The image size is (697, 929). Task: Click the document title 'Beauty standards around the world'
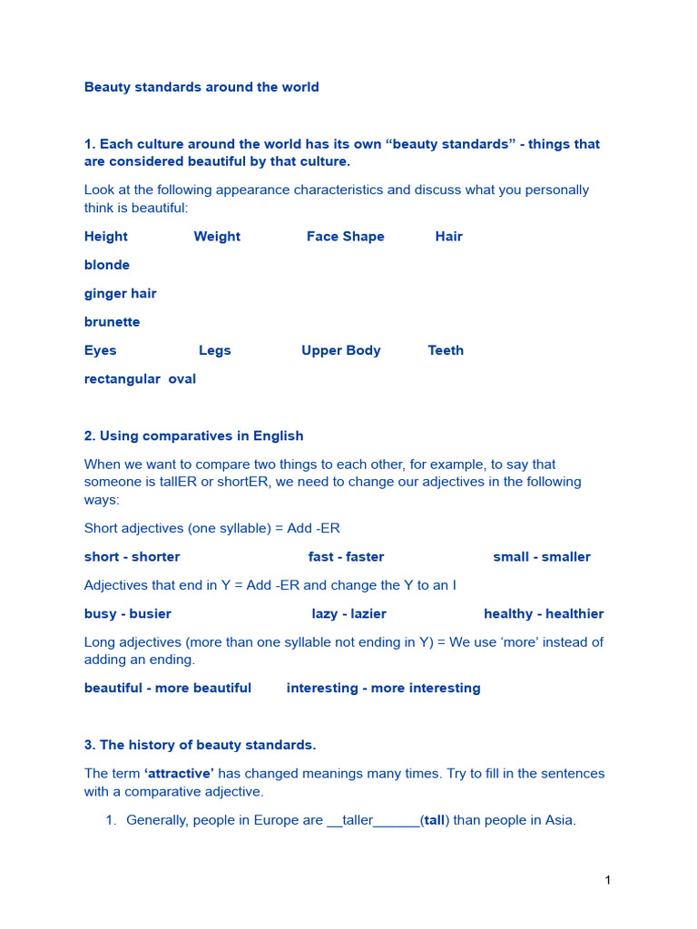point(201,87)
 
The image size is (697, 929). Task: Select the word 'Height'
point(106,236)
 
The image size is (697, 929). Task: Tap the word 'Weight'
point(217,236)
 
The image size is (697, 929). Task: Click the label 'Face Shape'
point(345,236)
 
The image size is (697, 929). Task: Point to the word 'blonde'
point(107,265)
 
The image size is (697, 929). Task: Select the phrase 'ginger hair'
point(120,293)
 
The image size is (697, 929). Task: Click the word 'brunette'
point(112,322)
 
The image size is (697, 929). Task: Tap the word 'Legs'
point(214,350)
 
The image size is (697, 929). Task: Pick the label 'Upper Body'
point(341,350)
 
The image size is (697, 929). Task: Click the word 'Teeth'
point(446,350)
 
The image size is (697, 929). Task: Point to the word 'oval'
point(182,378)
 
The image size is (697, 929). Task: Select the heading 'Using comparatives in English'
point(201,435)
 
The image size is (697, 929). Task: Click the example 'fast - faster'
point(346,556)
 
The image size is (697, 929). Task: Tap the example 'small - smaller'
point(542,556)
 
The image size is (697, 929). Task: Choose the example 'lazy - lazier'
point(349,613)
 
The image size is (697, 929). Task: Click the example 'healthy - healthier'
point(544,613)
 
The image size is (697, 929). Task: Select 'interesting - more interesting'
point(383,688)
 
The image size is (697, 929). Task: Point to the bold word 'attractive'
point(179,773)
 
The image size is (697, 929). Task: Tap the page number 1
point(607,880)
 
